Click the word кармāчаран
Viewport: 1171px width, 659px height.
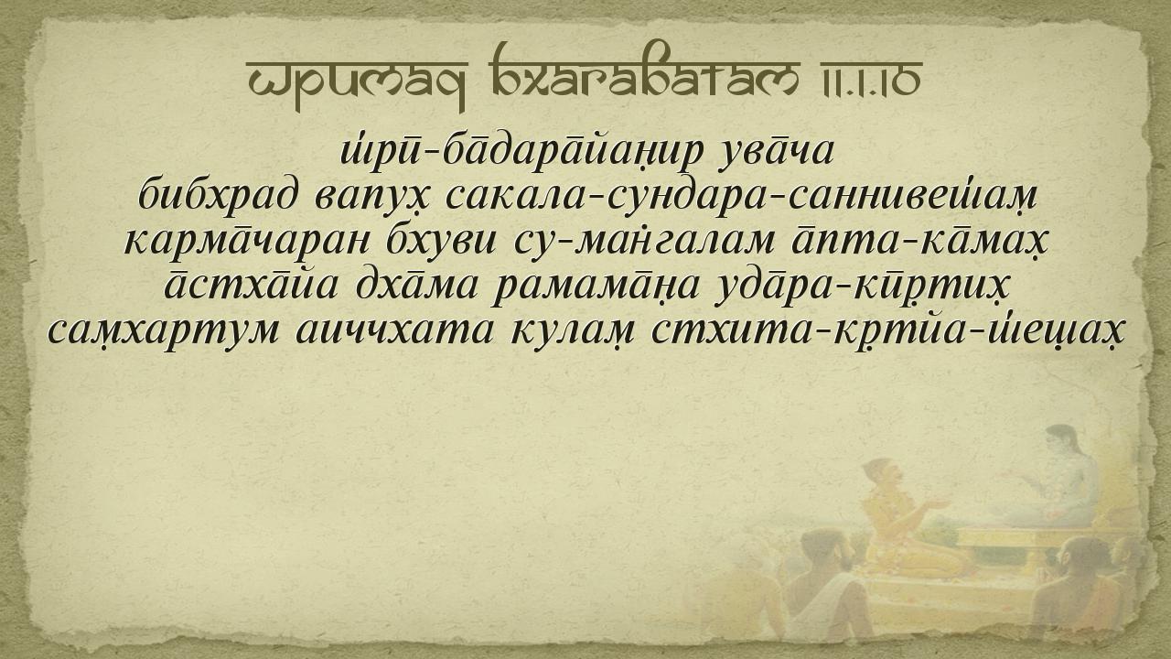pyautogui.click(x=247, y=243)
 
